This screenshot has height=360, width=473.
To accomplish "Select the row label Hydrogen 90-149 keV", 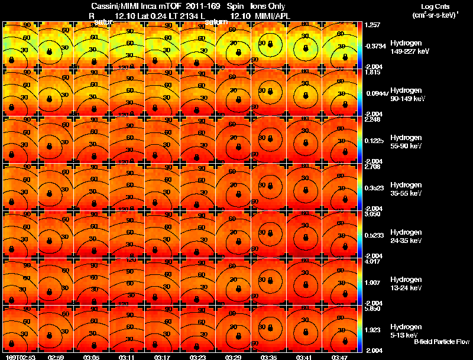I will [406, 94].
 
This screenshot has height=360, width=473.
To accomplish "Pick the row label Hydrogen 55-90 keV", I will [405, 141].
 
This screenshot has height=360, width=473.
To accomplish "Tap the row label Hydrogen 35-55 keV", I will [405, 189].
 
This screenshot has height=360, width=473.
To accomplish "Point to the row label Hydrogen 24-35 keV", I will [405, 236].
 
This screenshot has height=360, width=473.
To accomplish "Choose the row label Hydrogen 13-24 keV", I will [405, 283].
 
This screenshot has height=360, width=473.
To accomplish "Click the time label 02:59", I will [56, 357].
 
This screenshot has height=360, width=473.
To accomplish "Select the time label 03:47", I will [340, 357].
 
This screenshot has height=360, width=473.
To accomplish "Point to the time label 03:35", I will [270, 357].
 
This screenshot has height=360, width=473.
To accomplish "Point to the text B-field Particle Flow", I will [442, 342].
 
